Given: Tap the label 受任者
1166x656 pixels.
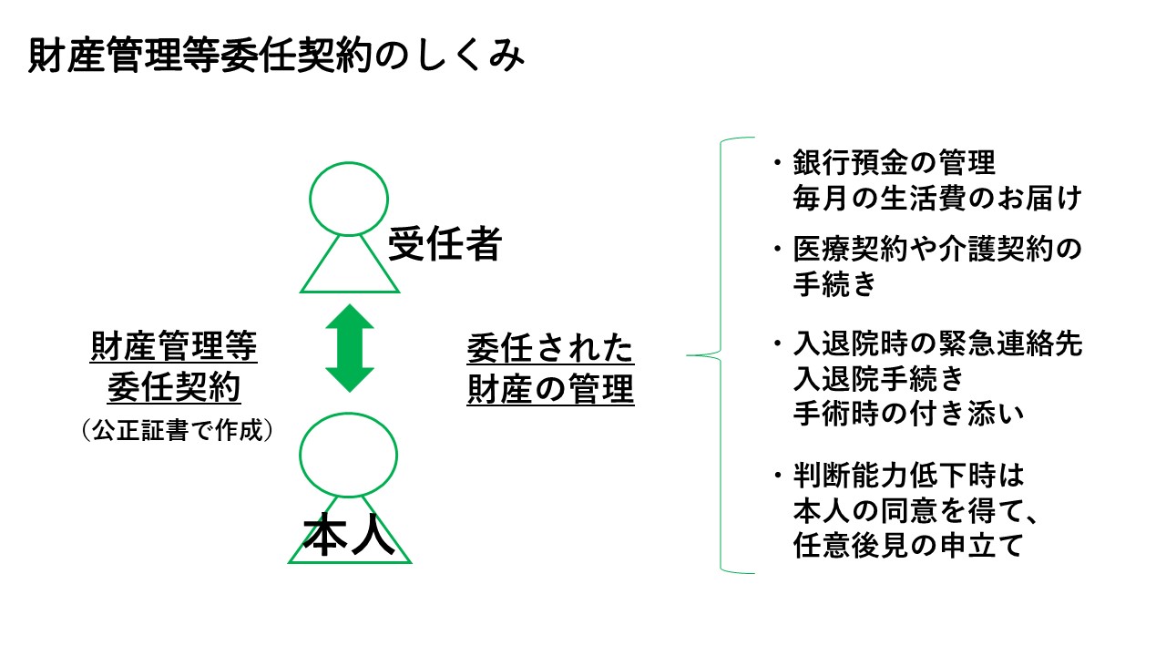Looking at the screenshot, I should tap(445, 243).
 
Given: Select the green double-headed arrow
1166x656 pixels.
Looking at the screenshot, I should tap(350, 348).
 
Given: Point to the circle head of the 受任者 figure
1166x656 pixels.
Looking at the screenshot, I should tap(350, 200).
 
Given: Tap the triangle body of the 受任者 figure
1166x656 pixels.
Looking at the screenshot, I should tap(350, 269).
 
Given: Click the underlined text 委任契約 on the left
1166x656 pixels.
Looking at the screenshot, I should tap(174, 389).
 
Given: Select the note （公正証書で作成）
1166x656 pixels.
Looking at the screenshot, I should tap(178, 430).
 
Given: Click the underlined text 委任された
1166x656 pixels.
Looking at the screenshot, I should tap(550, 348).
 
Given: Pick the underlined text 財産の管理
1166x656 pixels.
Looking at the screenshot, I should tap(550, 390).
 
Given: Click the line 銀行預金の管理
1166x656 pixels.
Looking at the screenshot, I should tap(895, 164).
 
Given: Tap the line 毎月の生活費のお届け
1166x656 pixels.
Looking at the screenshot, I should tap(937, 198).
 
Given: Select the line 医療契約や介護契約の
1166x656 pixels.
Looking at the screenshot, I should tap(937, 248).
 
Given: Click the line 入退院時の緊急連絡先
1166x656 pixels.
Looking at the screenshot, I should tap(937, 344).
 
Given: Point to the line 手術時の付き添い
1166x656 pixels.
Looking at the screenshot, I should tap(910, 412).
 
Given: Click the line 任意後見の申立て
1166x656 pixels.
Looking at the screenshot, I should tap(910, 546).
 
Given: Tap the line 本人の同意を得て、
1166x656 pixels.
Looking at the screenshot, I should tap(917, 511).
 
